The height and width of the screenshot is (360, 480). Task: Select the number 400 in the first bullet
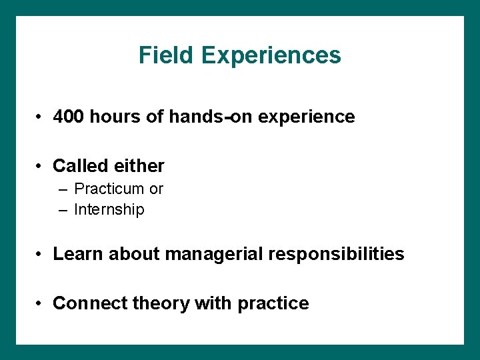click(69, 117)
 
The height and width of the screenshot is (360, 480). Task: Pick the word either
click(139, 165)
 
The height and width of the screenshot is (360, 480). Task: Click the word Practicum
click(109, 189)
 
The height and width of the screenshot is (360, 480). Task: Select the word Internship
click(109, 210)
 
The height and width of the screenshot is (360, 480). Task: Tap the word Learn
click(78, 254)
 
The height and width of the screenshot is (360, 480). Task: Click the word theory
click(161, 304)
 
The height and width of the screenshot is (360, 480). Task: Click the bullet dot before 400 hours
click(41, 117)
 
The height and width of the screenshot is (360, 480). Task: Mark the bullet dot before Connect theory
click(41, 304)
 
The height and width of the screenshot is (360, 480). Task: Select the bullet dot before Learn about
click(41, 255)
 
